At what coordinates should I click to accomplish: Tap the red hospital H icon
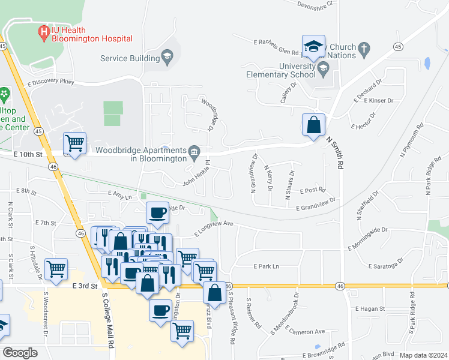[x=43, y=32]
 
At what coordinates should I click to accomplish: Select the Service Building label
[x=130, y=58]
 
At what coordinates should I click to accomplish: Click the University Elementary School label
[x=281, y=71]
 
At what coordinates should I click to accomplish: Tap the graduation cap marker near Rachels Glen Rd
[x=313, y=47]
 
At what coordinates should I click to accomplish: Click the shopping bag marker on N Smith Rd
[x=313, y=126]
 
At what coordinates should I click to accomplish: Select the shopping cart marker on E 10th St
[x=74, y=144]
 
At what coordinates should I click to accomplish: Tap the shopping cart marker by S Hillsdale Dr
[x=56, y=269]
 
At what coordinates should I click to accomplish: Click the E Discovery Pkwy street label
[x=50, y=82]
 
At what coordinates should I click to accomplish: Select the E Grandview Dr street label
[x=315, y=203]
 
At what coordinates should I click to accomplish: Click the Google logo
[x=20, y=353]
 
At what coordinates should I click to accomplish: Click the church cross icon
[x=364, y=48]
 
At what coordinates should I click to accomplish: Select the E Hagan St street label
[x=372, y=308]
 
